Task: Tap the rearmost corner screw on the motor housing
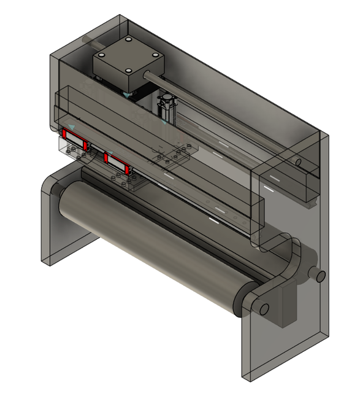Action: click(x=129, y=41)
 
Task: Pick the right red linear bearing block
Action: click(x=116, y=161)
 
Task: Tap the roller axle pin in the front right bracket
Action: click(x=263, y=308)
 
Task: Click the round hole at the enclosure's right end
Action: click(x=298, y=163)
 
